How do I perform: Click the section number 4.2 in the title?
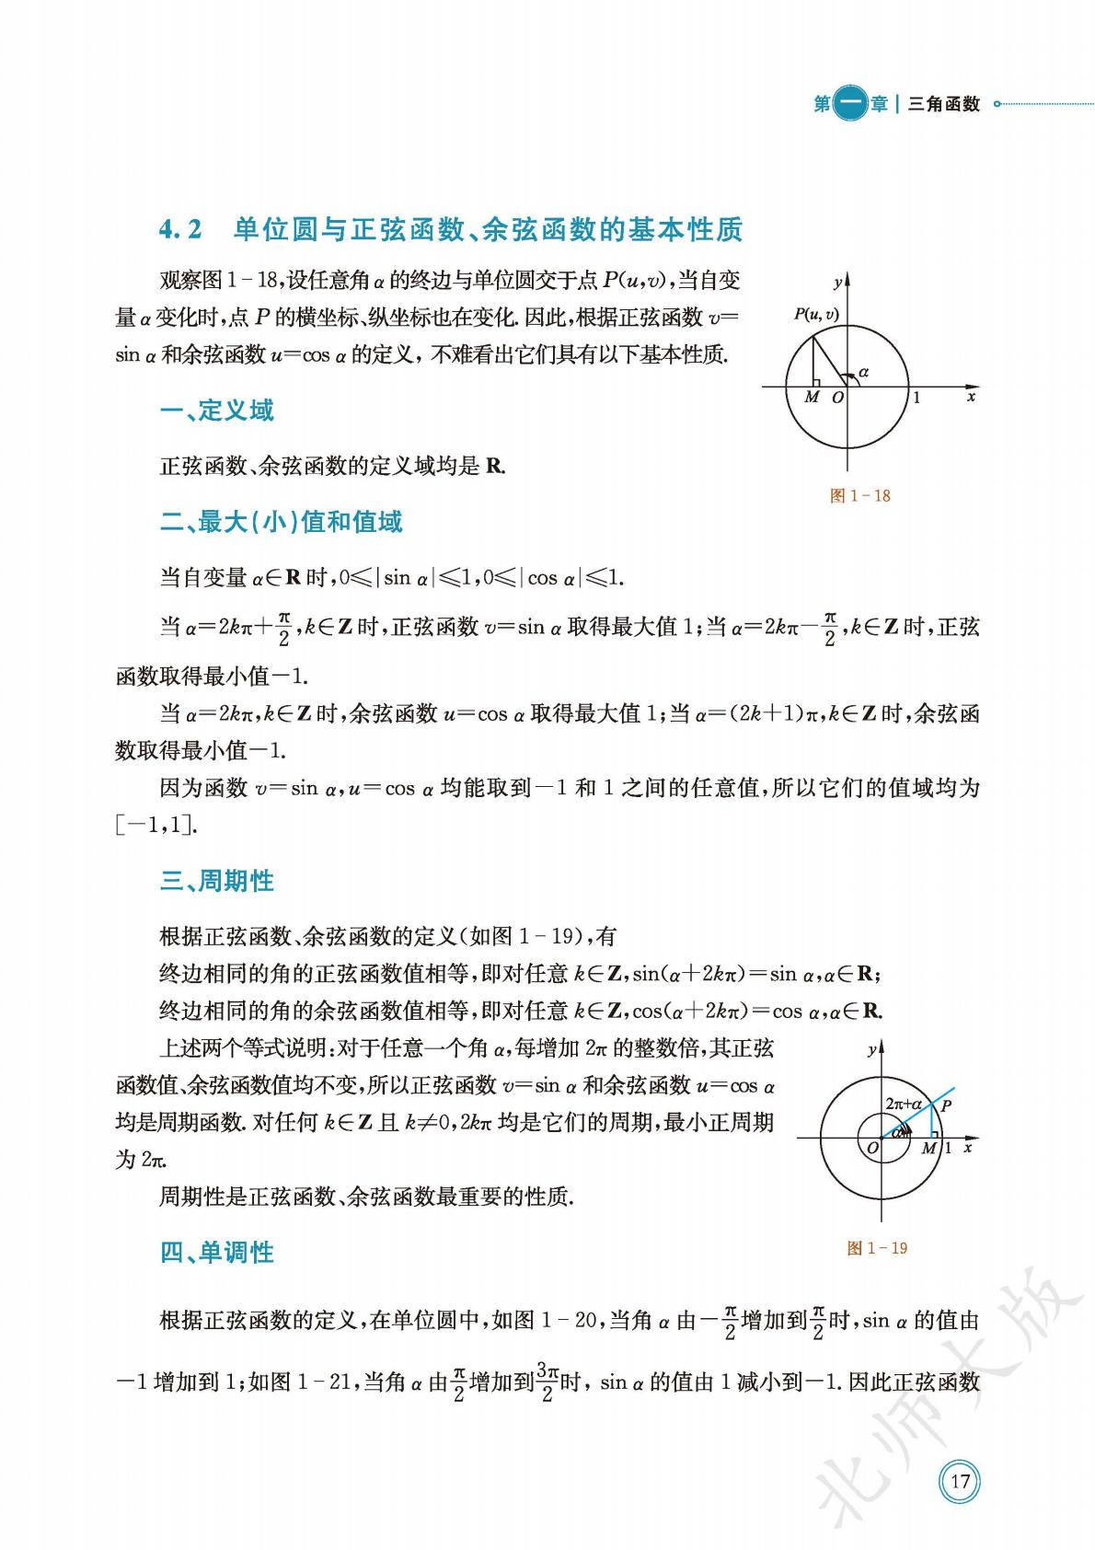[x=180, y=229]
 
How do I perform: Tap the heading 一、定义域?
[x=217, y=411]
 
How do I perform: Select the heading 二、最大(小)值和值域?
[x=282, y=522]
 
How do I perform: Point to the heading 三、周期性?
[x=217, y=881]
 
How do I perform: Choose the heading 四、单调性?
[x=217, y=1252]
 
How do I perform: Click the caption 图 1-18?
[x=859, y=496]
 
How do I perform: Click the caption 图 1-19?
[x=877, y=1248]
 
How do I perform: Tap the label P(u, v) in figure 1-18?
[x=816, y=315]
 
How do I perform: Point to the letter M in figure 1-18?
[x=811, y=398]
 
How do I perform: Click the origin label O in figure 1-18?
[x=837, y=398]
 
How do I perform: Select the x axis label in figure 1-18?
[x=971, y=397]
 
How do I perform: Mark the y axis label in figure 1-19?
[x=870, y=1049]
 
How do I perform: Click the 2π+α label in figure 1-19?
[x=903, y=1103]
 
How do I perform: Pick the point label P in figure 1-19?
[x=946, y=1105]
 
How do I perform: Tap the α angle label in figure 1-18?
[x=863, y=372]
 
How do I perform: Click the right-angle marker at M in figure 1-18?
[x=816, y=380]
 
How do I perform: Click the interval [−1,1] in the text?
[x=156, y=825]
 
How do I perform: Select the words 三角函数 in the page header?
[x=944, y=104]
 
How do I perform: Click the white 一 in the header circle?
[x=852, y=104]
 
